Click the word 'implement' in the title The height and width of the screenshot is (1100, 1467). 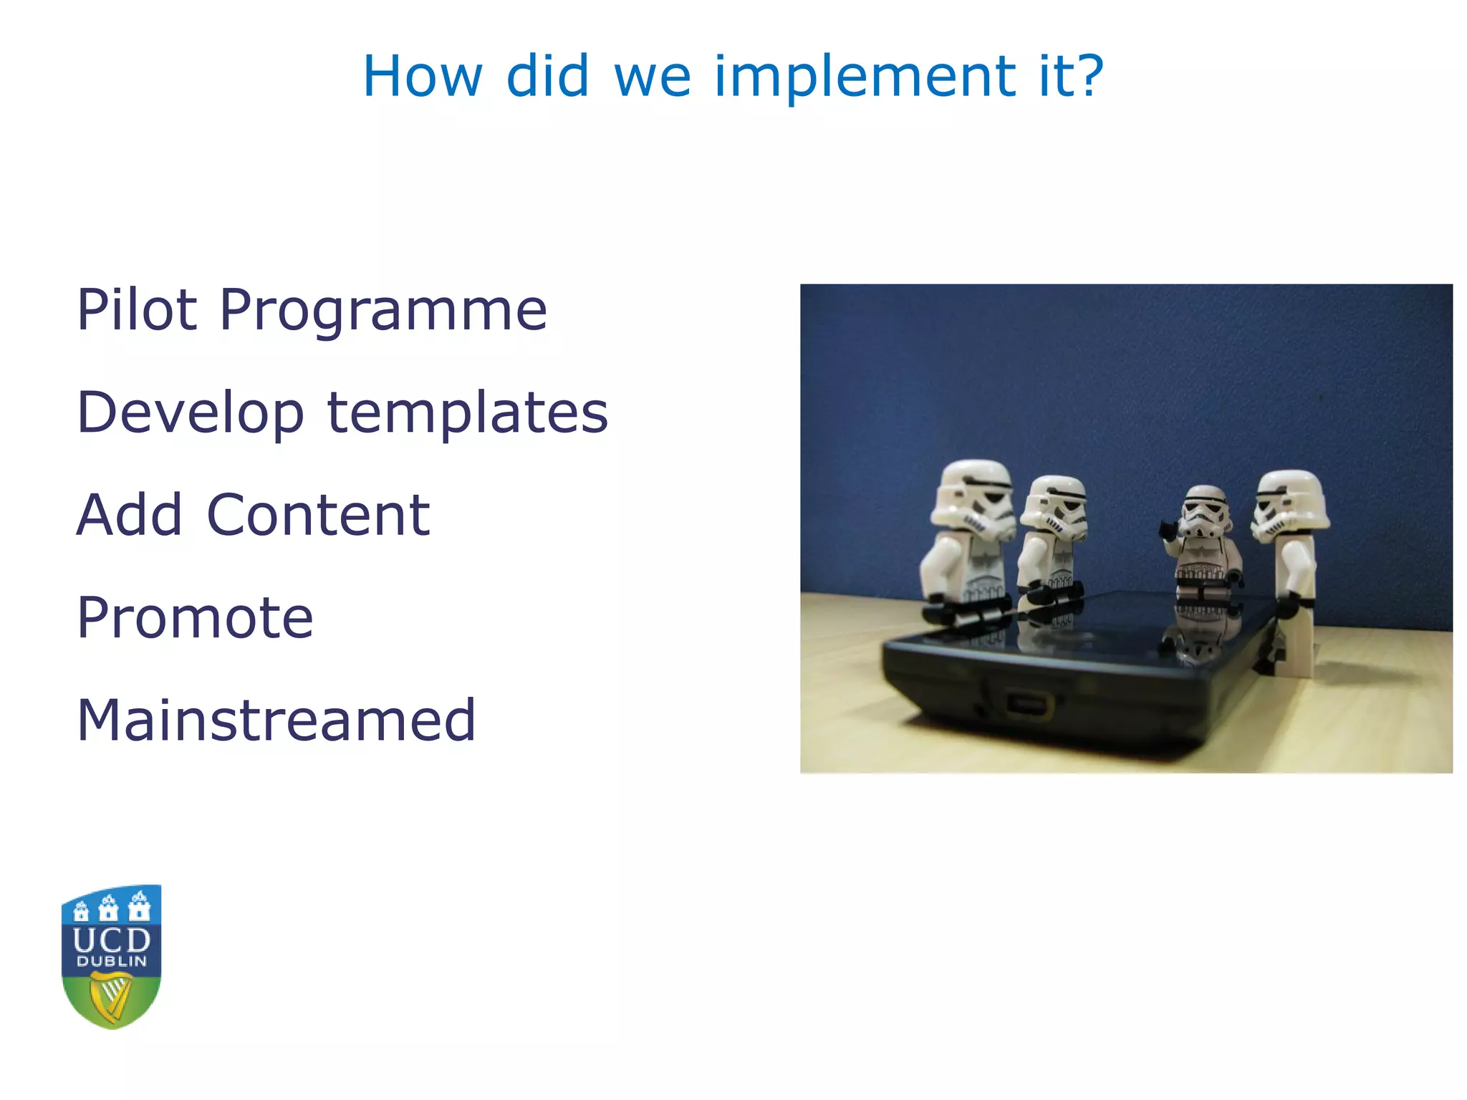[x=864, y=77]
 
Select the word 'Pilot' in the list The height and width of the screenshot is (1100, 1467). [x=137, y=310]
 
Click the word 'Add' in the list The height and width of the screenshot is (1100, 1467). [x=129, y=515]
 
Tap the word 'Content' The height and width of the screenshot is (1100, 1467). [x=318, y=515]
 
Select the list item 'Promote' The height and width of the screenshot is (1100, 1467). [x=195, y=617]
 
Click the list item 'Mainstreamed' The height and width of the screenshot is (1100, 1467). [x=276, y=720]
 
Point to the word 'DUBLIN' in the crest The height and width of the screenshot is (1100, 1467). [x=111, y=962]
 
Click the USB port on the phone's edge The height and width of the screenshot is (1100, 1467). [x=1029, y=703]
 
